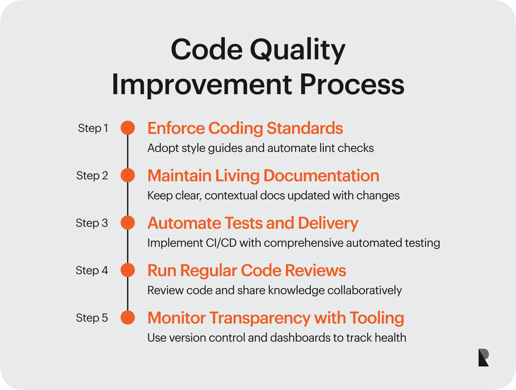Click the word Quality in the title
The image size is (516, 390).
tap(297, 51)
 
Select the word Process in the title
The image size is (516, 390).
tap(352, 85)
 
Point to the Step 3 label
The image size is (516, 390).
tap(92, 223)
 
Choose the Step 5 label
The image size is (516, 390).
tap(92, 318)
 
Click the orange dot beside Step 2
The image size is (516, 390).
tap(128, 175)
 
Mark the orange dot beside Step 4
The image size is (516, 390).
tap(128, 270)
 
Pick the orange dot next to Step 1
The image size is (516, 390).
tap(128, 128)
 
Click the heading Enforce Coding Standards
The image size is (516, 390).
tap(245, 128)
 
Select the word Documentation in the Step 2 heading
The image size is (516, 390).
tap(321, 175)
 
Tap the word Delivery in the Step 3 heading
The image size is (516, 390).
tap(328, 223)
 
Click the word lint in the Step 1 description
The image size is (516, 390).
tap(327, 148)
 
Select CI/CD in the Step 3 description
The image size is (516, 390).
tap(221, 243)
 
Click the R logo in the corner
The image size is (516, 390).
tap(483, 357)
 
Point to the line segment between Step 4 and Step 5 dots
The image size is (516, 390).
tap(128, 294)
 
